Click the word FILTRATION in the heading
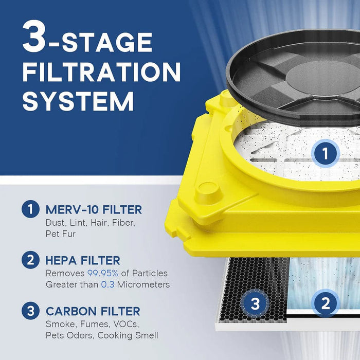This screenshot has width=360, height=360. tap(101, 70)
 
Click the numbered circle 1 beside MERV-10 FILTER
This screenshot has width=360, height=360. tap(30, 210)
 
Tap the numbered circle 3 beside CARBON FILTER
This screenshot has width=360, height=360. tap(30, 311)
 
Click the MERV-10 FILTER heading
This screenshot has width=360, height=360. tap(94, 210)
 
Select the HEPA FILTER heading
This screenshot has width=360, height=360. tap(83, 261)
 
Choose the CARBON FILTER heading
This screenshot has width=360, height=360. tap(93, 311)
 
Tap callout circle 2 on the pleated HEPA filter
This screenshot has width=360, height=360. tap(325, 302)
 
